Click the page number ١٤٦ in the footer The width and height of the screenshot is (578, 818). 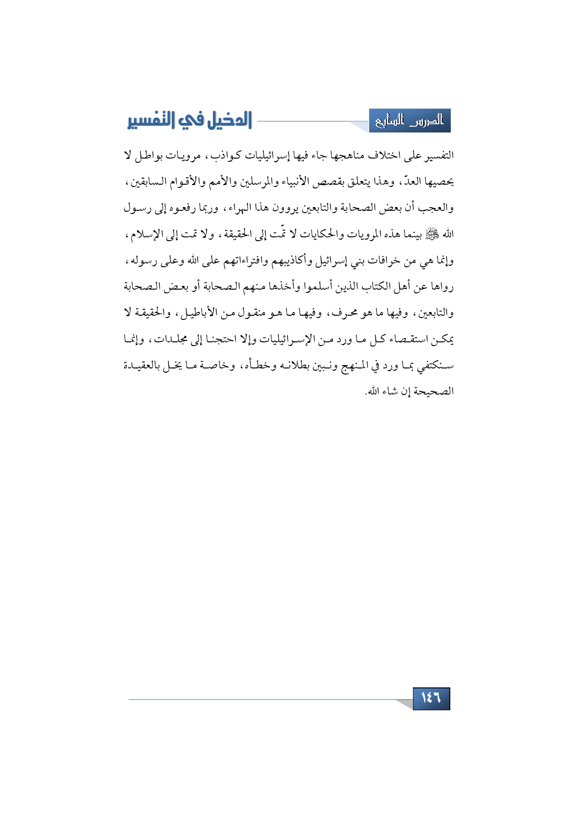[431, 698]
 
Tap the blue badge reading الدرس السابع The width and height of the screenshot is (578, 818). [410, 121]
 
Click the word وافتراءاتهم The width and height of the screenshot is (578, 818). [247, 261]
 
